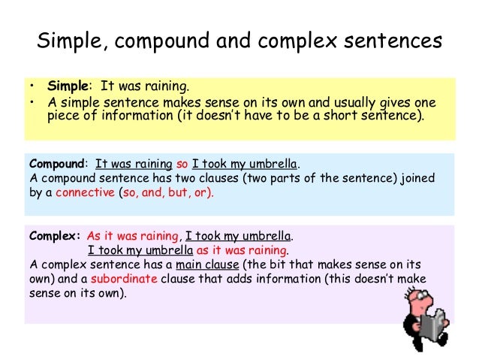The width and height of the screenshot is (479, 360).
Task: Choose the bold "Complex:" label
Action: click(x=55, y=235)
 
